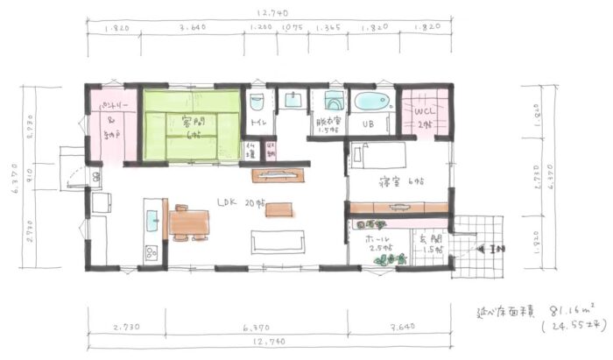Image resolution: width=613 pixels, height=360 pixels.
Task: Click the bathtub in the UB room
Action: point(374,101)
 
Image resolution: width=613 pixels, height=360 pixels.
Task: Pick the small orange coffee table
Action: point(279,209)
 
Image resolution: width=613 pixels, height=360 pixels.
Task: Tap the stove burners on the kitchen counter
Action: point(150,252)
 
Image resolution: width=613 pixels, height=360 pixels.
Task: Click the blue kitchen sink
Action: point(151,222)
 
